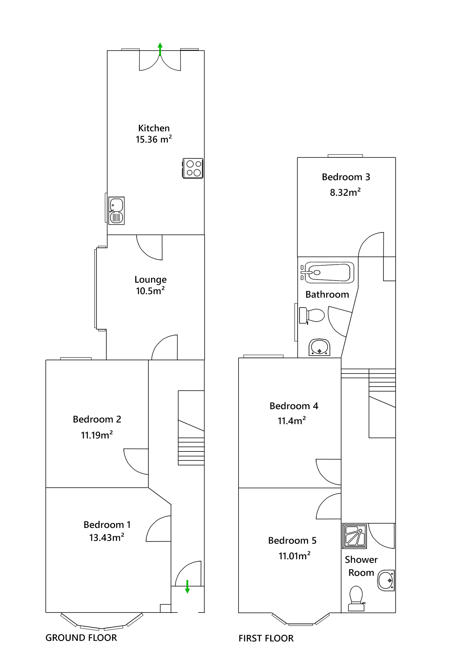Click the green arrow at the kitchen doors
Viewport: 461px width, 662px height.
tap(160, 49)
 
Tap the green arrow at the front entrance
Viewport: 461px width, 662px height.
tap(187, 586)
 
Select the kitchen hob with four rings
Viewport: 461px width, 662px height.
tap(193, 169)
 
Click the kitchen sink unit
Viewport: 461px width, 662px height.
tap(116, 211)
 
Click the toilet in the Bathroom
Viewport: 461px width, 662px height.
tap(311, 315)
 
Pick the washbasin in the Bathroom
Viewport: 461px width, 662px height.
tap(319, 347)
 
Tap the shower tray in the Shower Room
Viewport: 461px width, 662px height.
tap(354, 536)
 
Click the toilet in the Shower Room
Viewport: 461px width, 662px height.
tap(356, 599)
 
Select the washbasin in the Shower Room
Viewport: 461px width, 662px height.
tap(386, 580)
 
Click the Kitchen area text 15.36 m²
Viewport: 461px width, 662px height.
tap(153, 140)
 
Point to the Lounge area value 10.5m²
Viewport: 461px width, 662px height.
tap(150, 291)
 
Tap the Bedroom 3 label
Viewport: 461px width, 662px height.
tap(346, 177)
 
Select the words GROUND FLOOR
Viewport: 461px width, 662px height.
tap(81, 638)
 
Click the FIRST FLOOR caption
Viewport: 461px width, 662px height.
tap(266, 638)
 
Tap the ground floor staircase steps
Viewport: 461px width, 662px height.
tap(191, 451)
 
